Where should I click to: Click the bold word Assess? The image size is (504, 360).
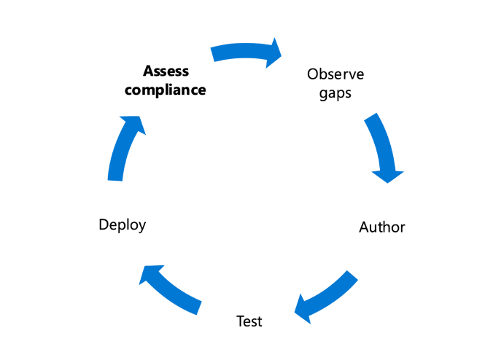(x=166, y=71)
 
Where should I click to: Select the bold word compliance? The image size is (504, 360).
(x=166, y=90)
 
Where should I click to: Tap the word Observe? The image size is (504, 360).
(x=336, y=74)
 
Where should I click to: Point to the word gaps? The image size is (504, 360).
(x=336, y=94)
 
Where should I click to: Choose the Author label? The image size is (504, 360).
(x=381, y=227)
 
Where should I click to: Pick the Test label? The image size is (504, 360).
(x=249, y=321)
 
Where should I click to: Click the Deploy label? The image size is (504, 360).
(x=123, y=224)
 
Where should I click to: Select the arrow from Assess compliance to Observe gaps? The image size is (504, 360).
(x=244, y=51)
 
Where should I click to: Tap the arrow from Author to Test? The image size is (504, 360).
(x=328, y=294)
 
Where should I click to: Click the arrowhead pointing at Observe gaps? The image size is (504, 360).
(x=274, y=52)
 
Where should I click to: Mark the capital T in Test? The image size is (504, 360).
(x=241, y=321)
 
